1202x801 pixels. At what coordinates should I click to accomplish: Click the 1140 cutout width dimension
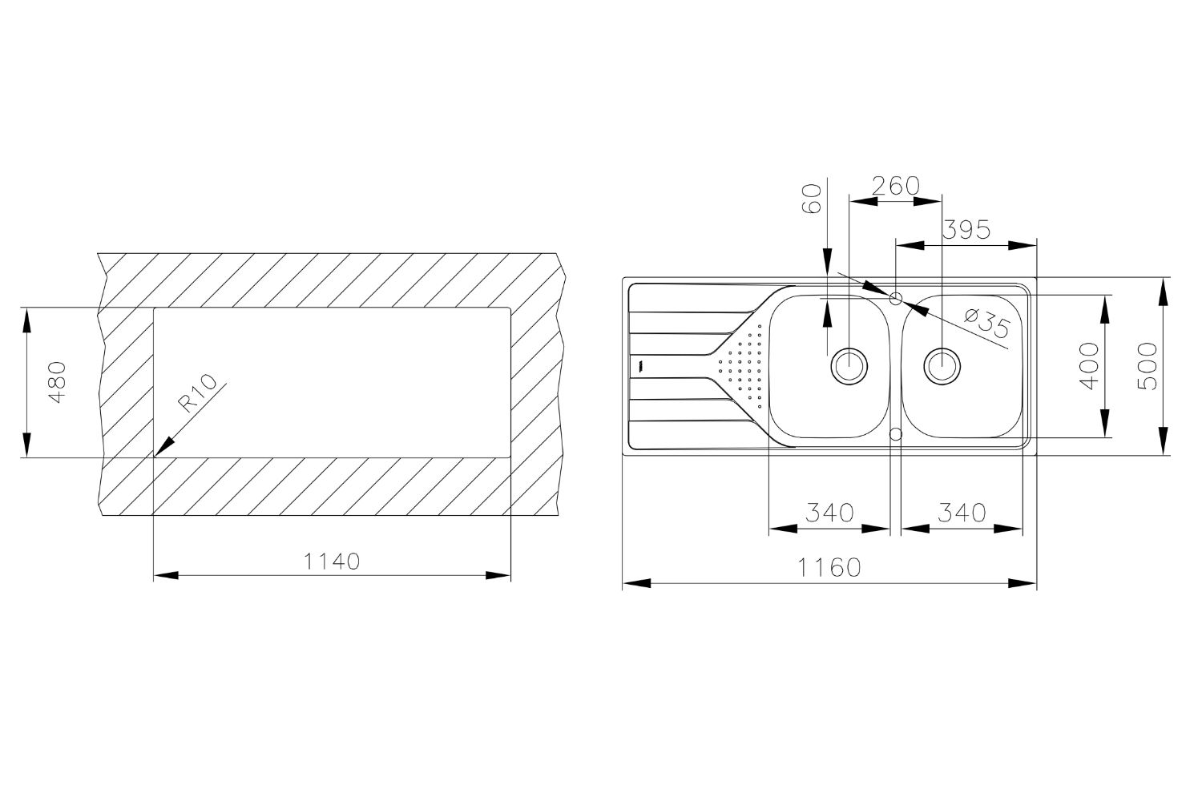[x=332, y=562]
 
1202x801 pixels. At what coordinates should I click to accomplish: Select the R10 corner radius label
[x=198, y=394]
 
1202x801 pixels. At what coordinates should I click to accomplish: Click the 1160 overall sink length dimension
[x=829, y=568]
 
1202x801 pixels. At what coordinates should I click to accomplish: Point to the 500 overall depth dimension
[x=1148, y=366]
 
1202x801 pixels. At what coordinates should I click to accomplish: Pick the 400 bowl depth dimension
[x=1089, y=366]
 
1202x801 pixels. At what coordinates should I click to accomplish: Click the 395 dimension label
[x=966, y=231]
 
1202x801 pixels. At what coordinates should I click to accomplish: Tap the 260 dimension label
[x=895, y=186]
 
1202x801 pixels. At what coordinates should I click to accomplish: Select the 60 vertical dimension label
[x=811, y=198]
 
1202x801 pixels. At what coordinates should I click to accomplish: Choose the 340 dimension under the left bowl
[x=829, y=513]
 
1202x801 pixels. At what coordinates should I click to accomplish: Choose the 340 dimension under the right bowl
[x=962, y=513]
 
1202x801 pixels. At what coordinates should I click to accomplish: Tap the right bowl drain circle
[x=942, y=365]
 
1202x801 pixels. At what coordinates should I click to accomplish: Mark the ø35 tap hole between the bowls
[x=896, y=298]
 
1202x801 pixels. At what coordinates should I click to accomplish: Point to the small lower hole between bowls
[x=896, y=433]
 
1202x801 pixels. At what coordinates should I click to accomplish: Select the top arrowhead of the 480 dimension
[x=26, y=318]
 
